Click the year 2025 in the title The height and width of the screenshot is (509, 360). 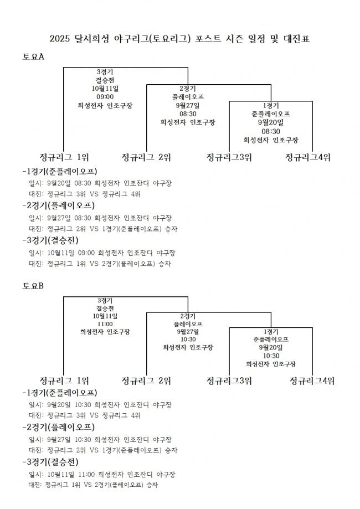[60, 39]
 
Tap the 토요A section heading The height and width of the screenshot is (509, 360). [33, 56]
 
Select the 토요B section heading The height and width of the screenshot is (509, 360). [33, 286]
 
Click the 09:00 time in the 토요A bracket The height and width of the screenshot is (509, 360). [105, 97]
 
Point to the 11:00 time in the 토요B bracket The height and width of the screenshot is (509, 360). [105, 324]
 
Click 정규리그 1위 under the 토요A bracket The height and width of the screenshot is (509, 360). [64, 157]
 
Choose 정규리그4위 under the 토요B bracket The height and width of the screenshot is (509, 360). [312, 381]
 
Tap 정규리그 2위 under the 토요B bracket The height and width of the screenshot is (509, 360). [146, 381]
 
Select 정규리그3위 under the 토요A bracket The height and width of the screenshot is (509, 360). [229, 157]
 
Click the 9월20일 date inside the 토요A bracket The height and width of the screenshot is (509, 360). [271, 122]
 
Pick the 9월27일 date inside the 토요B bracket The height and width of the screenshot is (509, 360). [188, 332]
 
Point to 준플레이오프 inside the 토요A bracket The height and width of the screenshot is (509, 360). [271, 114]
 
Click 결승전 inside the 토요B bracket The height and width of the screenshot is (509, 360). [105, 309]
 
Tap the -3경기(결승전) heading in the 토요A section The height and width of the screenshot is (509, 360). [50, 240]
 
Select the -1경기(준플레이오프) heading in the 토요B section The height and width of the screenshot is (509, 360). [60, 393]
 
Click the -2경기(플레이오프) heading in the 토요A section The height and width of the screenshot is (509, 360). [59, 205]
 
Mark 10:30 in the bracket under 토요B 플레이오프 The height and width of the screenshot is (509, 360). [188, 340]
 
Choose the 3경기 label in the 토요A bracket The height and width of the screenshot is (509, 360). [105, 72]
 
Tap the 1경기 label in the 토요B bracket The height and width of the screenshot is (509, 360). [271, 332]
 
